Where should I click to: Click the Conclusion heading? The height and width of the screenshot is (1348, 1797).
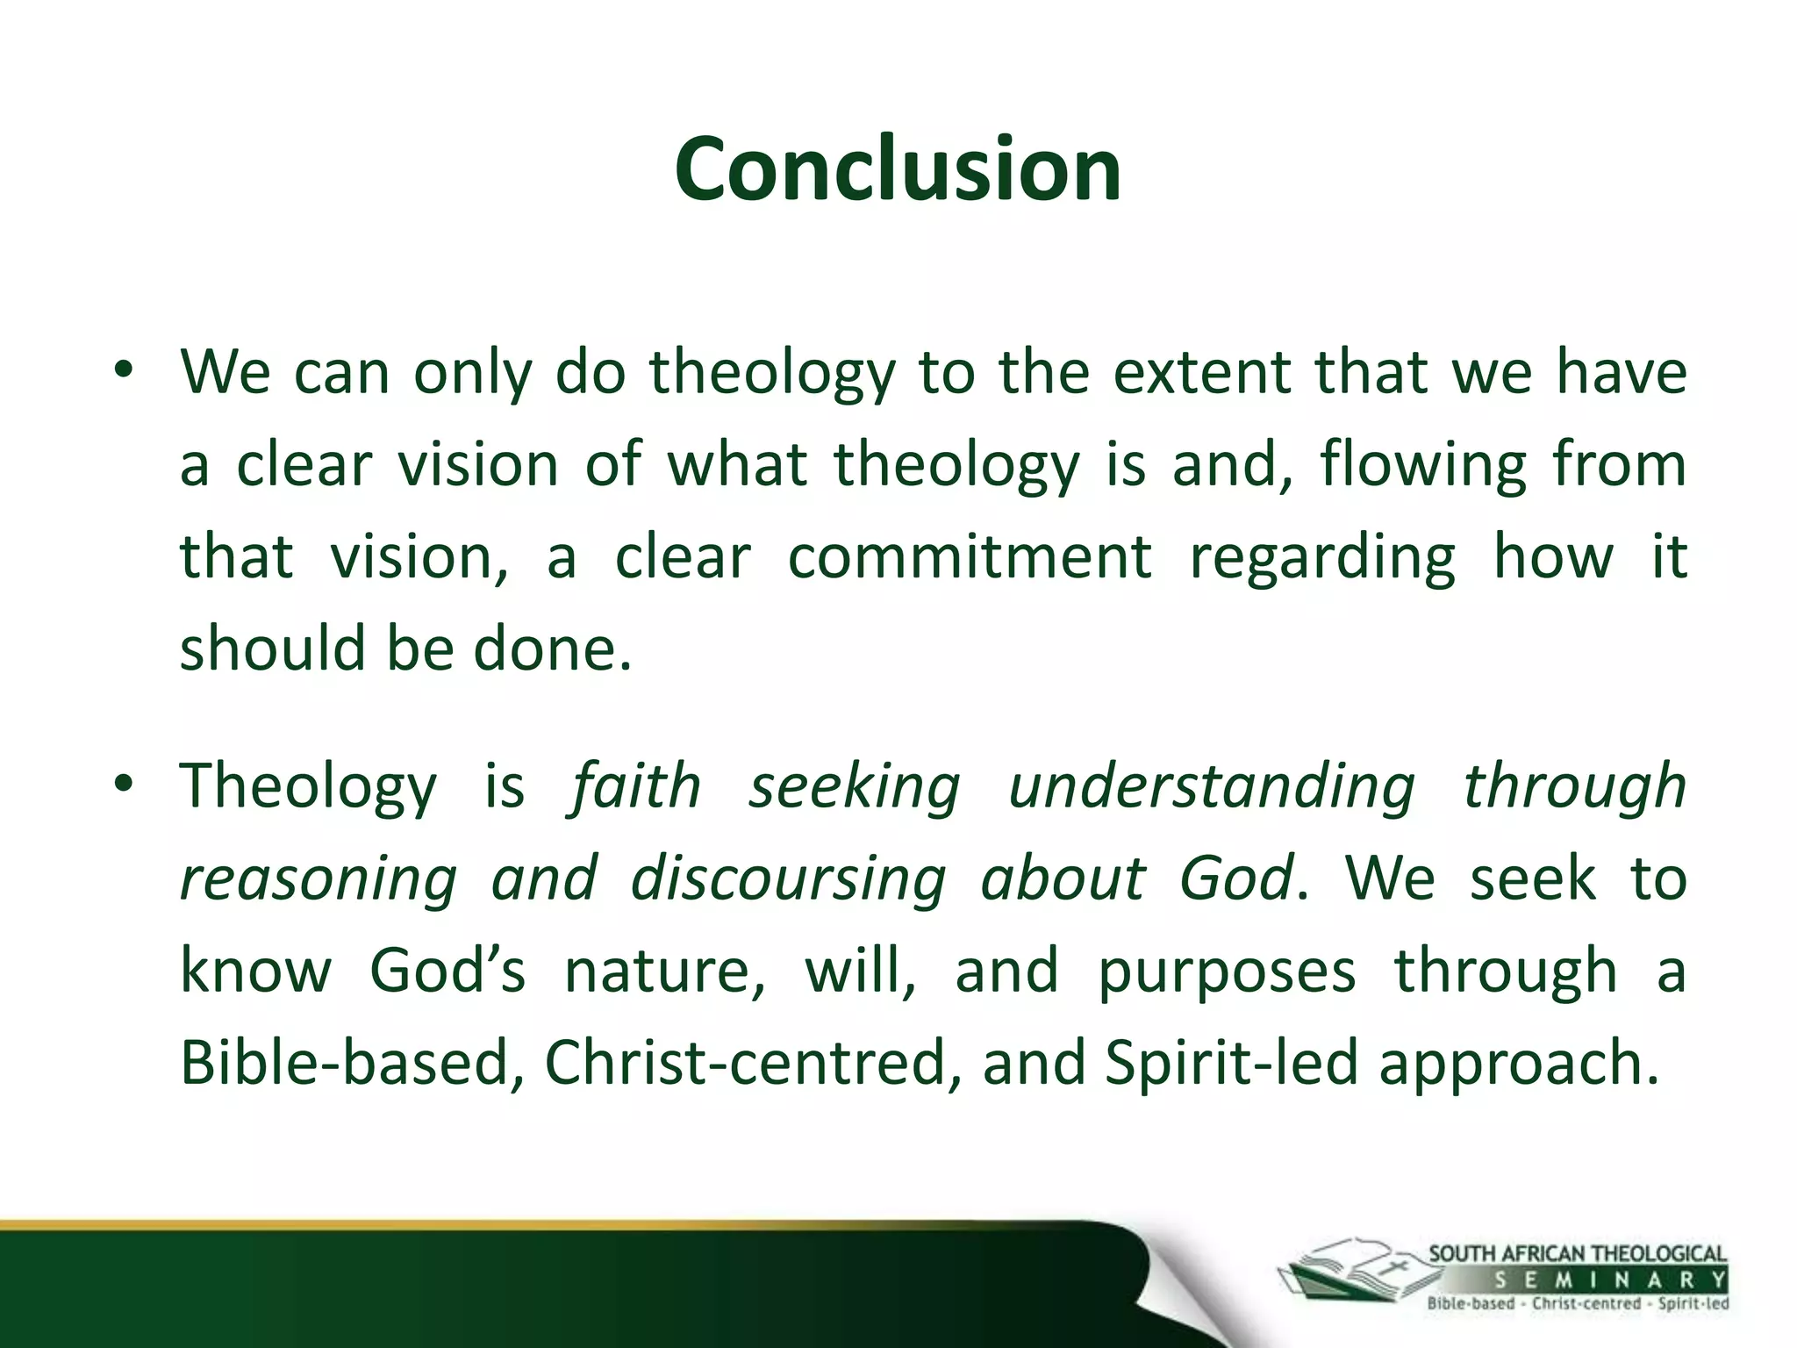pyautogui.click(x=898, y=169)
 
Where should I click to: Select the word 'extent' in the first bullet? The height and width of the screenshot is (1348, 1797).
pyautogui.click(x=1201, y=372)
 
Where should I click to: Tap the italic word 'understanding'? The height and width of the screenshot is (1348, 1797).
pyautogui.click(x=1211, y=787)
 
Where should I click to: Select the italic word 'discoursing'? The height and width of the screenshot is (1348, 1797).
pyautogui.click(x=787, y=879)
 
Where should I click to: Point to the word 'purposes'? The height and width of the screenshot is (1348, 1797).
pyautogui.click(x=1226, y=972)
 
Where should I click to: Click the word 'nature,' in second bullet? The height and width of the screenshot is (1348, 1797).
pyautogui.click(x=664, y=971)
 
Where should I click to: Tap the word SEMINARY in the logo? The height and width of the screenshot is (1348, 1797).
pyautogui.click(x=1610, y=1280)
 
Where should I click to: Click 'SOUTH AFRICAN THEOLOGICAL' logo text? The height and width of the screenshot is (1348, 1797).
pyautogui.click(x=1577, y=1253)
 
